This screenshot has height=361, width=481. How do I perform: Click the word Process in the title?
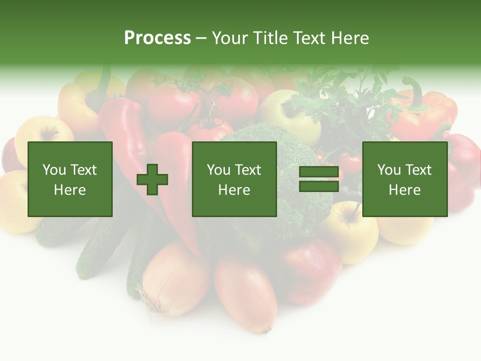pos(157,38)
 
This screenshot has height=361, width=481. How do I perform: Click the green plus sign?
pos(152,179)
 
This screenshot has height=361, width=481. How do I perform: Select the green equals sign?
pos(319,179)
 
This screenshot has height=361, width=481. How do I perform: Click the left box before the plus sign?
pos(70,179)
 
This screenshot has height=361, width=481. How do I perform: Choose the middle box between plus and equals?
pos(234,179)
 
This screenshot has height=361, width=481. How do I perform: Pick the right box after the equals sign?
pos(404,179)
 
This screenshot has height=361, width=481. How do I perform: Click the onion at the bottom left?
pos(173,281)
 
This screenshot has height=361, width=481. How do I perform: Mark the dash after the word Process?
pos(201,38)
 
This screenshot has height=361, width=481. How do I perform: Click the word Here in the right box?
pos(404,190)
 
